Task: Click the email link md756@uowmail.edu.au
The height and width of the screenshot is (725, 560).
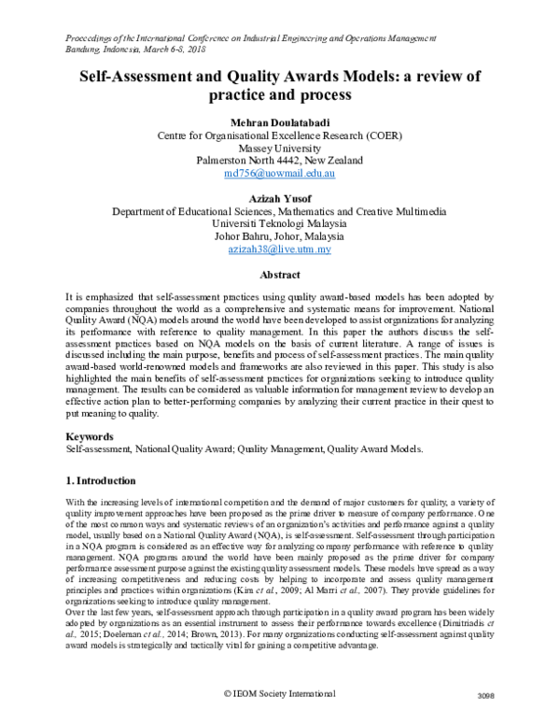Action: (x=279, y=174)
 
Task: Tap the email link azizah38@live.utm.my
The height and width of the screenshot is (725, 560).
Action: (x=279, y=250)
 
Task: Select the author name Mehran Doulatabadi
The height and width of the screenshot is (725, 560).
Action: (x=279, y=121)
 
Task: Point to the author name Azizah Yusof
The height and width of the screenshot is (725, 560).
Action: (x=279, y=198)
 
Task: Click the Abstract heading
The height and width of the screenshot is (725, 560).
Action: (x=279, y=275)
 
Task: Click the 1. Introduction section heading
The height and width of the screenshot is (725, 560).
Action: (x=102, y=480)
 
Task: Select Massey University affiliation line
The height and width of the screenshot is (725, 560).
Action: (x=279, y=148)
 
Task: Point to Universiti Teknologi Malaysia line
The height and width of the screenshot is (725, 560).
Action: (x=279, y=224)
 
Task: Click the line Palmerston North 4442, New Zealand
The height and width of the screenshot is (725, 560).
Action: (x=279, y=161)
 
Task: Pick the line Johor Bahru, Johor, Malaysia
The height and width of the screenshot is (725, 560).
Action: (x=279, y=237)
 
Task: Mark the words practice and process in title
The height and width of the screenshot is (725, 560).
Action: (x=279, y=95)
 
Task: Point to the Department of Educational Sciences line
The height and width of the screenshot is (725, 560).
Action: (x=279, y=211)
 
